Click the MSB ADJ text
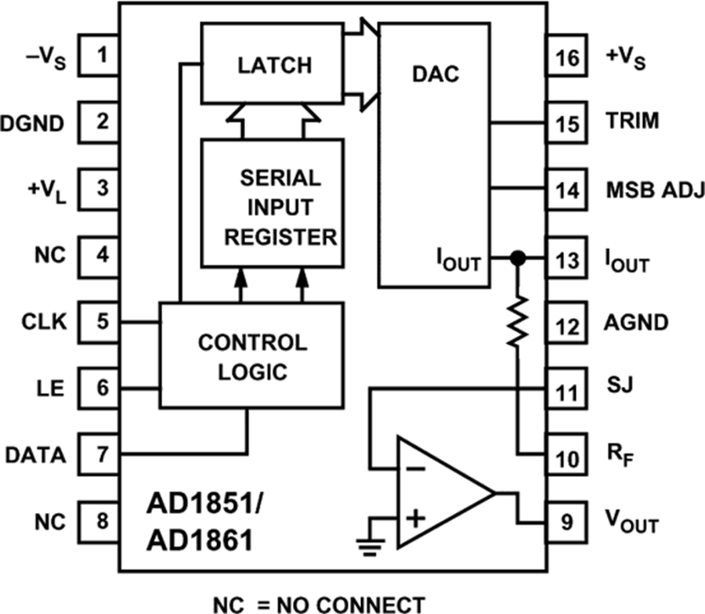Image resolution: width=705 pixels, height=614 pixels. coord(655,189)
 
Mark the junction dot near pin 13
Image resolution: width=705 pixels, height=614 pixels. coord(515,258)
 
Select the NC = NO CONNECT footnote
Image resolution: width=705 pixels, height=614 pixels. coord(320,603)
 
